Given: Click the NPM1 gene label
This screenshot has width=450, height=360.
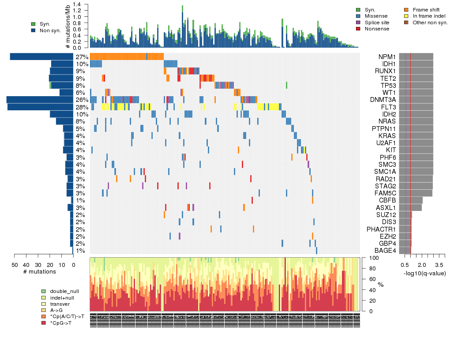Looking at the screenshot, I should pos(387,57).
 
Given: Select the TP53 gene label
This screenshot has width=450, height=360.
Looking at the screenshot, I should pos(387,86).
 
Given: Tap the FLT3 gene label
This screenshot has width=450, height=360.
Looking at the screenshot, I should pos(387,107).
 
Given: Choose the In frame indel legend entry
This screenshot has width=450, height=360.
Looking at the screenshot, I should pos(426,16).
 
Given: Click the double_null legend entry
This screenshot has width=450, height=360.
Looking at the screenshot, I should pos(64,292).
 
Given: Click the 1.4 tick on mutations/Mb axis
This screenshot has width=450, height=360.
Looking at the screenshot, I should pos(77,4).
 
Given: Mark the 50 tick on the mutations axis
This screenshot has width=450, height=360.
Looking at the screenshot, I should pos(15,265).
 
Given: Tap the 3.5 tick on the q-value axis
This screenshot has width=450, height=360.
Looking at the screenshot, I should pos(439,265).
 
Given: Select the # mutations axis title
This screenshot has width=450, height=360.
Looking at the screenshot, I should pos(40,272).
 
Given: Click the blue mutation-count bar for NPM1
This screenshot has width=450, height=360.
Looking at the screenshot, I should pos(41,56).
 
